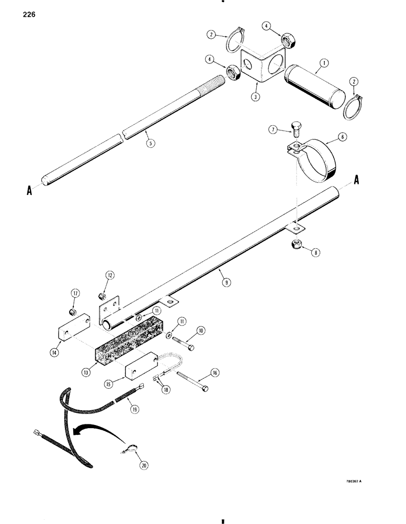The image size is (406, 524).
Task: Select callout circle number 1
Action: (324, 63)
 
